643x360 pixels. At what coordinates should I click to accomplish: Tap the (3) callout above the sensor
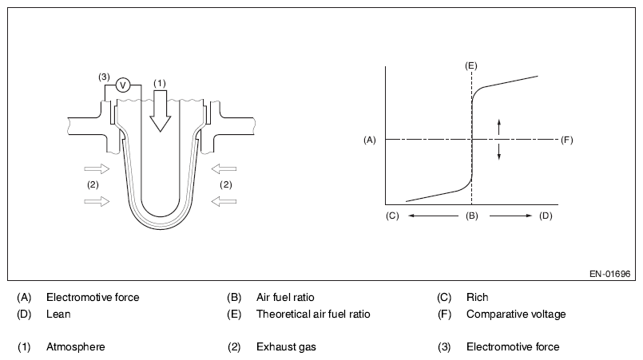[104, 77]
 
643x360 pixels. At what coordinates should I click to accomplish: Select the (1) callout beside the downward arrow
[160, 82]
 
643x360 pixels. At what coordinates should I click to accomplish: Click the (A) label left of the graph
[369, 140]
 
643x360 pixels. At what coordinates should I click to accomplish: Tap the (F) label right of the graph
[567, 140]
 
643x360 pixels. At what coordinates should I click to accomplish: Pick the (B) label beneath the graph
[471, 216]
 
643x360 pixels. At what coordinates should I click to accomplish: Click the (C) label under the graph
[391, 216]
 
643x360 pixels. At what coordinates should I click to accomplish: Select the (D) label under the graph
[546, 216]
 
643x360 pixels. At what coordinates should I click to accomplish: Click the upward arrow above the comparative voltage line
[499, 126]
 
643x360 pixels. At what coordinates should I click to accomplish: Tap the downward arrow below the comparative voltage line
[499, 152]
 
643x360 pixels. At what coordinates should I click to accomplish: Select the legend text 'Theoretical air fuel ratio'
[313, 314]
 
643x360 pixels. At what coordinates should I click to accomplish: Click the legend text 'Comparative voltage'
[516, 314]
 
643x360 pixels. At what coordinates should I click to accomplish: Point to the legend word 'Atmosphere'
[75, 346]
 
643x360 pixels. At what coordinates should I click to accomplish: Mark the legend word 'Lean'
[58, 314]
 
